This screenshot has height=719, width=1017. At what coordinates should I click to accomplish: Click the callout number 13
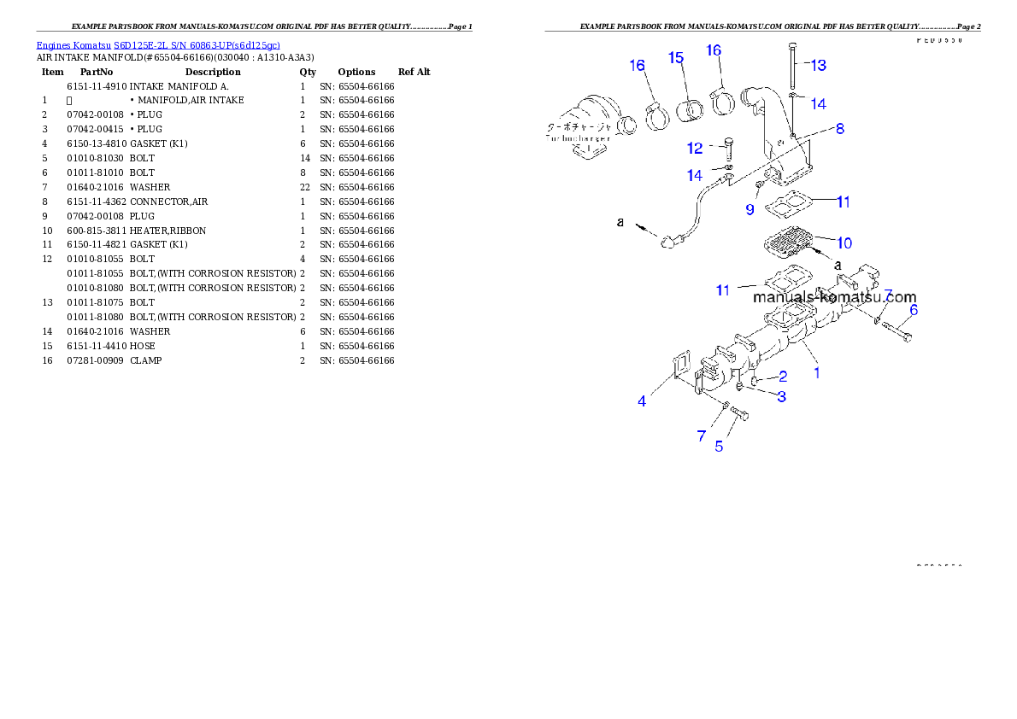point(818,65)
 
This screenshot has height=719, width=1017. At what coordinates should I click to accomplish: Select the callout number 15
point(676,58)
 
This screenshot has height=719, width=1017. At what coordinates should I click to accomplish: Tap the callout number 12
point(695,149)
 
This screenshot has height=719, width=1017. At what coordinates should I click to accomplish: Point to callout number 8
point(840,129)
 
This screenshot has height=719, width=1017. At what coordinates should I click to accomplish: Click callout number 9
point(749,208)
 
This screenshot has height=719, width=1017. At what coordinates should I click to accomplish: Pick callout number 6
point(914,310)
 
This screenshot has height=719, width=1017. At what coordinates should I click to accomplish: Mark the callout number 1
point(817,372)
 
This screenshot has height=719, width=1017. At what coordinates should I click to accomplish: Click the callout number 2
point(783,376)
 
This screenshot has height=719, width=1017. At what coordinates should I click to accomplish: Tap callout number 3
point(781,395)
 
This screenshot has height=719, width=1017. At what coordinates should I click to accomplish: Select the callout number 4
point(642,400)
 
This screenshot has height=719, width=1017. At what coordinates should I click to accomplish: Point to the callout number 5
point(719,446)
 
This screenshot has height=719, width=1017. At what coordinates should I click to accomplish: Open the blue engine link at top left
point(158,44)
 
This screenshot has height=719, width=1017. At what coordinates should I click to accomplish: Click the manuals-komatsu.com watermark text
point(834,297)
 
